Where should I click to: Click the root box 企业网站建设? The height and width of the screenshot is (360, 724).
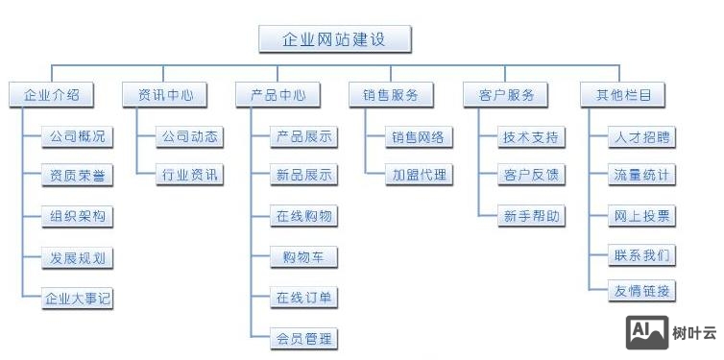tap(335, 38)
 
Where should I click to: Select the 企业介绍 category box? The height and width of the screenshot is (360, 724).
tap(51, 94)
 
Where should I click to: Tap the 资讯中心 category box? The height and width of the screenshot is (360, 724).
tap(164, 94)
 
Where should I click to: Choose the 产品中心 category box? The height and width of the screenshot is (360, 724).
tap(278, 94)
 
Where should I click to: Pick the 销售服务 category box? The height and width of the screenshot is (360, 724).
tap(391, 94)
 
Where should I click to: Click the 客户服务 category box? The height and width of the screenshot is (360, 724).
tap(505, 94)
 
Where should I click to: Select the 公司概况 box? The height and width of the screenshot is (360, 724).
tap(78, 136)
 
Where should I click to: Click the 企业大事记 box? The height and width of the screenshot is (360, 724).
tap(78, 298)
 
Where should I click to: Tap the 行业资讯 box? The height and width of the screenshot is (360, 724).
tap(190, 175)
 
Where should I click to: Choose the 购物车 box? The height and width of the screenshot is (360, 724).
tap(304, 257)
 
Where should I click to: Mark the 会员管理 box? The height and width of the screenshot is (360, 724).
tap(304, 338)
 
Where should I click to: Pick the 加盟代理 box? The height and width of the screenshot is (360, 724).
tap(418, 175)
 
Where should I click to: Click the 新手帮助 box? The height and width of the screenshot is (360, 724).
tap(531, 216)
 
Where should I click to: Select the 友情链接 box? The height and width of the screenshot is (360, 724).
tap(642, 291)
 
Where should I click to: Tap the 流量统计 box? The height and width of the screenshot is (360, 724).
tap(642, 175)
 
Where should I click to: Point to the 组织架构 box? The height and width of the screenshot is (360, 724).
tap(78, 217)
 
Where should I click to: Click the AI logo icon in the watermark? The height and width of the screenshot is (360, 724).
tap(646, 332)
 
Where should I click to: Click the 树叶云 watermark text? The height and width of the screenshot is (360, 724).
tap(694, 333)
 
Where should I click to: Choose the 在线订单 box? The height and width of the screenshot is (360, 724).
tap(304, 298)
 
